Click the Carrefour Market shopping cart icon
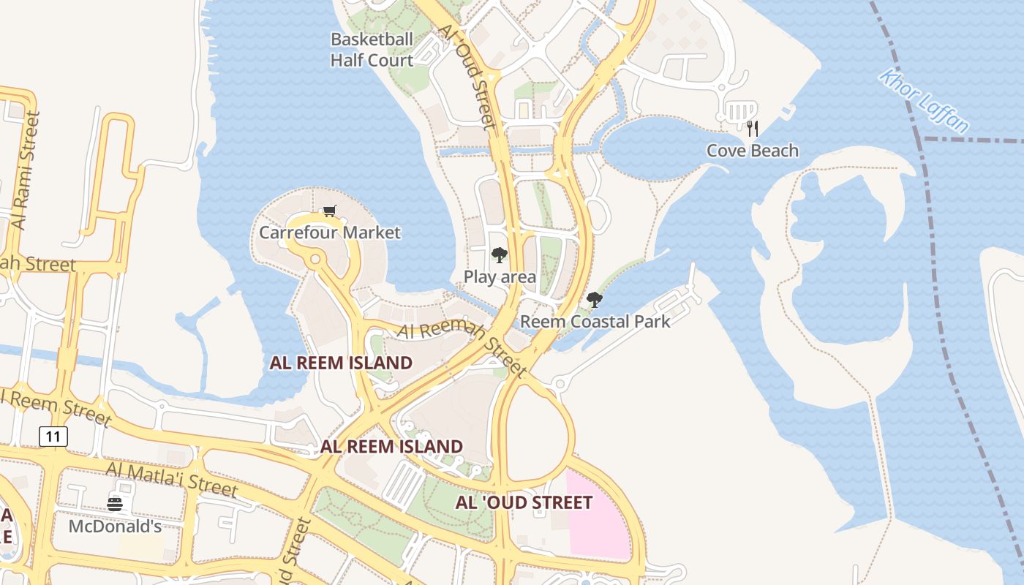tap(329, 211)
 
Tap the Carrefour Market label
tap(330, 233)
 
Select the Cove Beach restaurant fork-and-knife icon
tap(753, 129)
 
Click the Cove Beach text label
tap(753, 151)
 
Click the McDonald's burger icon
tap(115, 504)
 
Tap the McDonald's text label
tap(115, 526)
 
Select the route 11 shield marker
tap(53, 437)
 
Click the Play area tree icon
tap(500, 255)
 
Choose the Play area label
tap(500, 277)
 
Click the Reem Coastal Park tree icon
tap(595, 299)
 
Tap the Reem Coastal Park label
tap(595, 321)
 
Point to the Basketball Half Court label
tap(372, 50)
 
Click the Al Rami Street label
tap(26, 170)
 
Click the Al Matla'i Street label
tap(171, 479)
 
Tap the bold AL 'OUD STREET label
tap(524, 502)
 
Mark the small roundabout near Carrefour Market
tap(315, 259)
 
